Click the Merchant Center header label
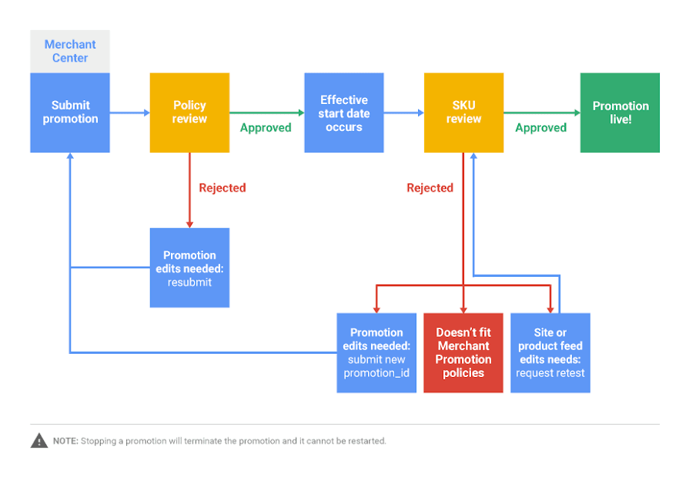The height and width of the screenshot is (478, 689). tap(70, 52)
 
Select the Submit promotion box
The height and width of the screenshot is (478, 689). tap(70, 113)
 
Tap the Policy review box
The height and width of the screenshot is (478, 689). tap(189, 113)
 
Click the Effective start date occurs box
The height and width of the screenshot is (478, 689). tap(344, 113)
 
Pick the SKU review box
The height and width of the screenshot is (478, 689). tap(463, 113)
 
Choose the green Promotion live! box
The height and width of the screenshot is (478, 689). tap(620, 113)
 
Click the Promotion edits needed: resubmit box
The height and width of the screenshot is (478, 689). tap(189, 268)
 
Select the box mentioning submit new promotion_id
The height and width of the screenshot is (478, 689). tap(376, 353)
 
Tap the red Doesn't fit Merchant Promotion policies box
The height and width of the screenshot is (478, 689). tap(463, 353)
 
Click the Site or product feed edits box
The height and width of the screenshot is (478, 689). tap(550, 353)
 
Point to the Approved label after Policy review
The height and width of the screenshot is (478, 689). tap(266, 128)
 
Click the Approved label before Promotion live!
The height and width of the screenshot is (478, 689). tap(540, 128)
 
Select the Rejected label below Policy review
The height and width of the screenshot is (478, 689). tap(222, 187)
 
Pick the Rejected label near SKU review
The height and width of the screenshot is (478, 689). tap(430, 187)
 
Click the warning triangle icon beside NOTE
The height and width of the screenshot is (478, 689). tap(39, 441)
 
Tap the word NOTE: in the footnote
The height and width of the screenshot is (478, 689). tap(65, 442)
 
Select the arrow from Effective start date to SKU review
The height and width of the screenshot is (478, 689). tap(403, 113)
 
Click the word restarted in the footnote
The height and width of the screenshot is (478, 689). tap(368, 442)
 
